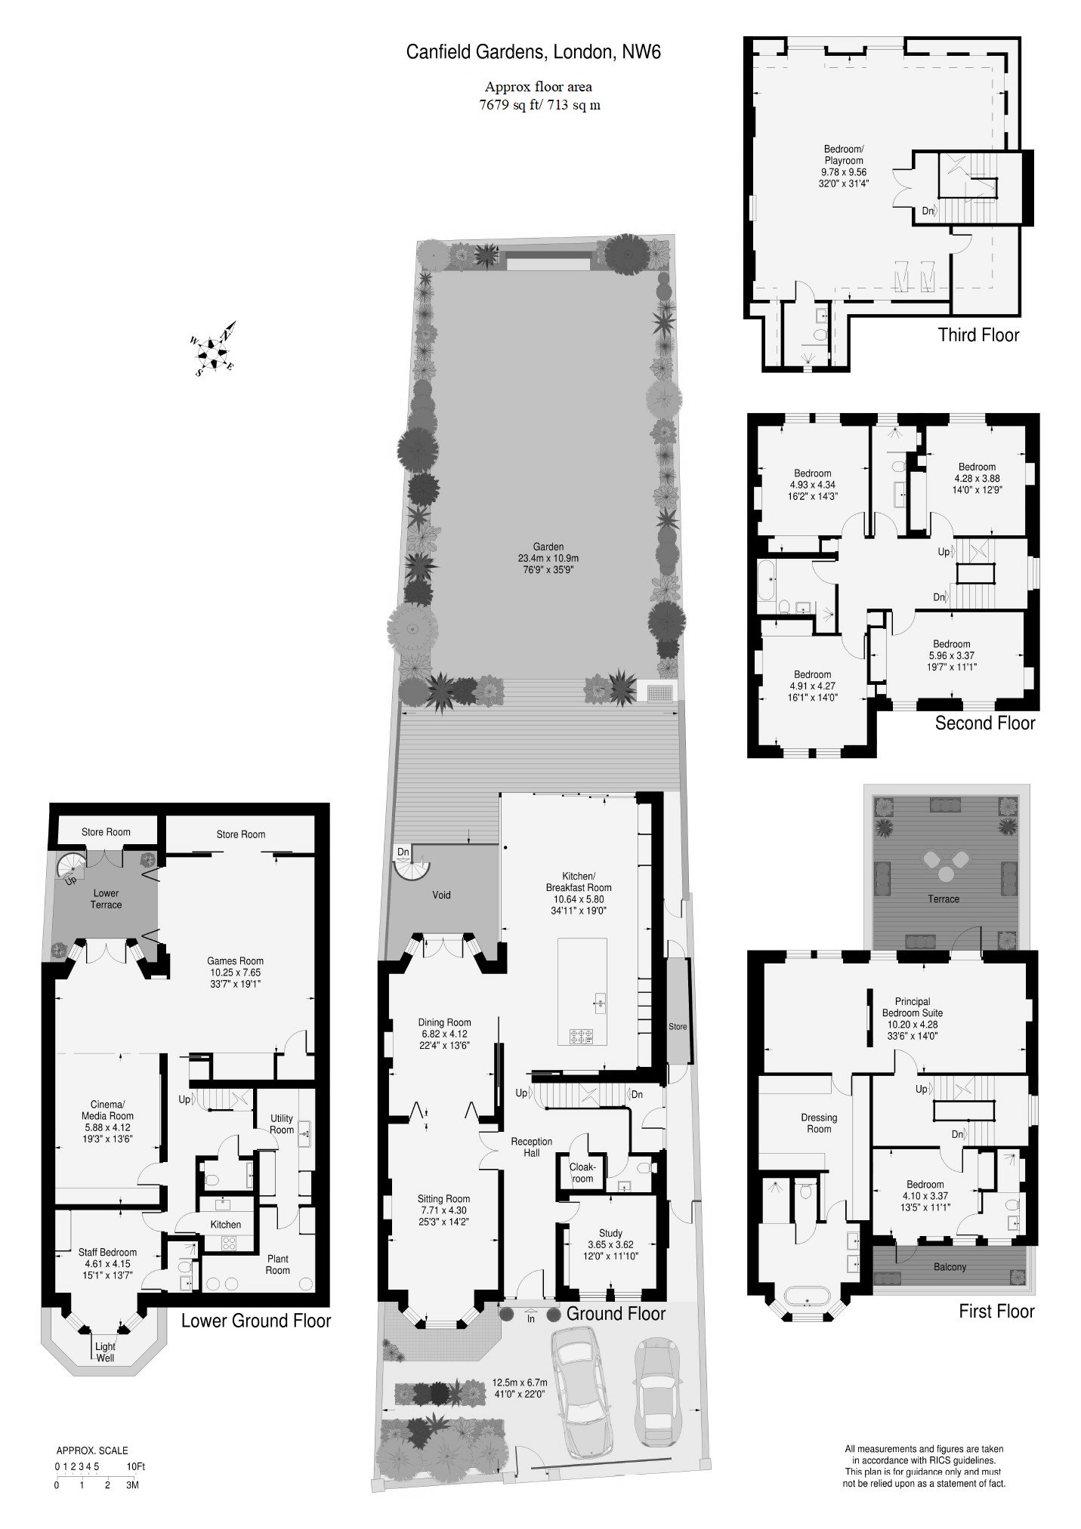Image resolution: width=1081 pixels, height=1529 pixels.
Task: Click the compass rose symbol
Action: pos(216,349)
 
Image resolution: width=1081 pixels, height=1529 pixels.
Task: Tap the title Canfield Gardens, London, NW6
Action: pos(534,52)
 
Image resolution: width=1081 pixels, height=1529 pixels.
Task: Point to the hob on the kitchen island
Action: pos(582,1037)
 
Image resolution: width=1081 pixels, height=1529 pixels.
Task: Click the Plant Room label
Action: pos(277,1264)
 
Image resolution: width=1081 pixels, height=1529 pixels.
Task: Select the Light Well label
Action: pos(105,1352)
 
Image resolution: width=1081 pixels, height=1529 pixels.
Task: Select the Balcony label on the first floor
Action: pos(950,1267)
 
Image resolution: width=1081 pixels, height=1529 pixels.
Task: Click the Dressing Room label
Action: pos(819,1123)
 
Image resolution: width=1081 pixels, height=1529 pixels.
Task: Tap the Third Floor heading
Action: pos(978,334)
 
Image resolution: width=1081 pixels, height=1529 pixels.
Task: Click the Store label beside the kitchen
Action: pos(678,1026)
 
